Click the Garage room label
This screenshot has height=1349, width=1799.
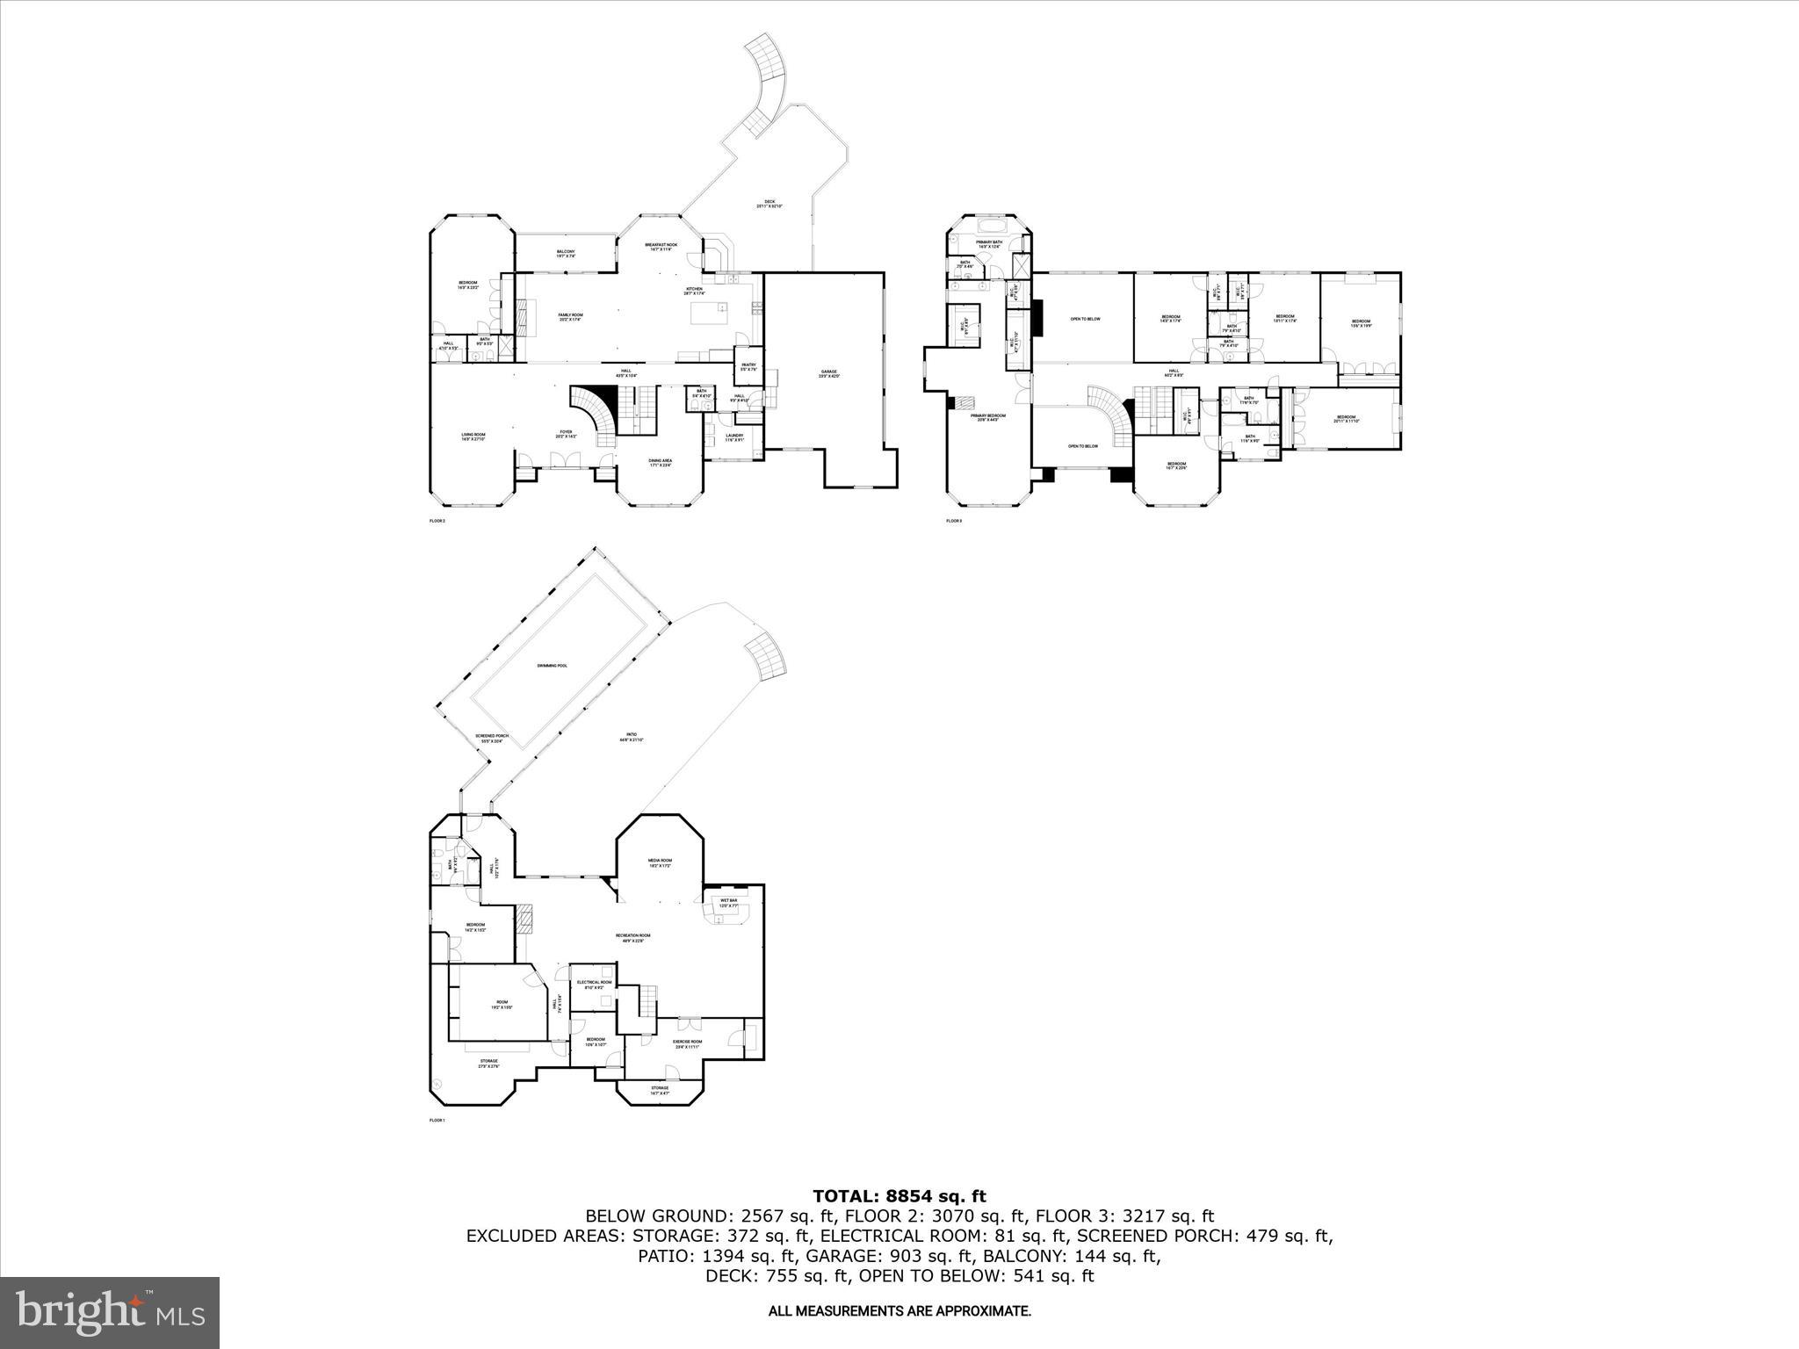828,373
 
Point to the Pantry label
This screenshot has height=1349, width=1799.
748,366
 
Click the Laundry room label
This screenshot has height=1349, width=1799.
734,437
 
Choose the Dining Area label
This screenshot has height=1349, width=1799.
661,463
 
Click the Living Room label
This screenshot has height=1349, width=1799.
473,436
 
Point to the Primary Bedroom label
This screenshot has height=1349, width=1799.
988,417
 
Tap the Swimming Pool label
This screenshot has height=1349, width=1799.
552,666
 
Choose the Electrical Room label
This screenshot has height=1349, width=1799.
594,984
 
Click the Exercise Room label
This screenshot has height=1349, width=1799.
688,1043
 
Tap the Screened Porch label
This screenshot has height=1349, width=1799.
492,738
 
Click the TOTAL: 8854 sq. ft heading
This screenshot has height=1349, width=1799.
899,1196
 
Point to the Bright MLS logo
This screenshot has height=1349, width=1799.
110,1313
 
